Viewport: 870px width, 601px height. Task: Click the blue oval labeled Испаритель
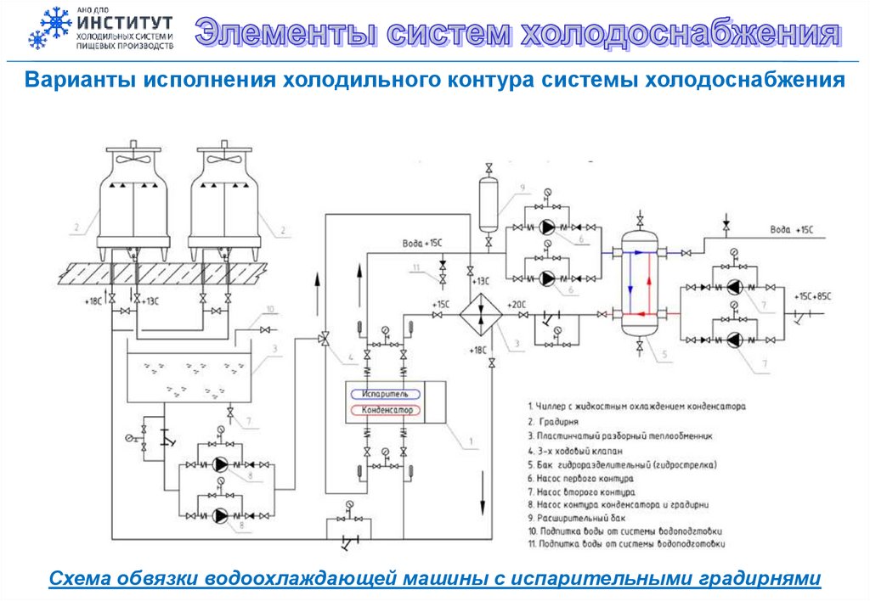[387, 395]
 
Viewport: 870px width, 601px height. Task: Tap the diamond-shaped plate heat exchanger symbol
[480, 314]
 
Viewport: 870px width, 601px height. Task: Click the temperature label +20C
[517, 304]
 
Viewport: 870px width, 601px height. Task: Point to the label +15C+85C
[812, 296]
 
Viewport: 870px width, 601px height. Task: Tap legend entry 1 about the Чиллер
[636, 407]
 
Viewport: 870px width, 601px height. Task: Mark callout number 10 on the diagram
[270, 309]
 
